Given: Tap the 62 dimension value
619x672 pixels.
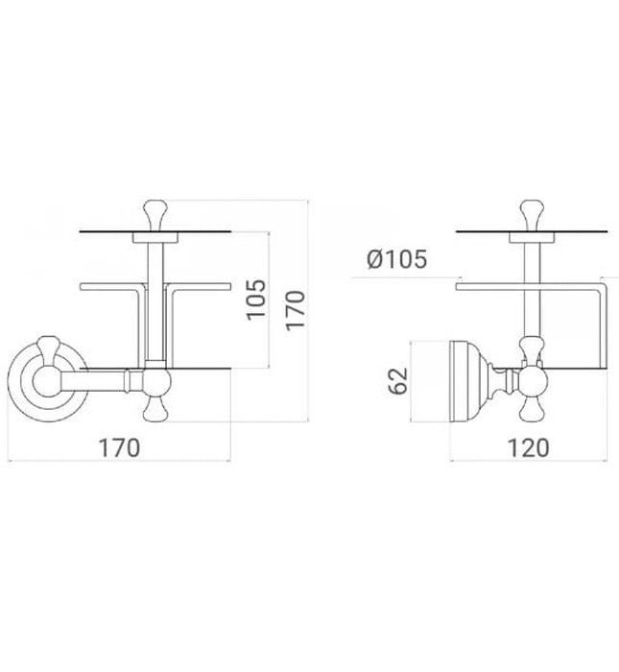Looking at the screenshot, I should click(400, 381).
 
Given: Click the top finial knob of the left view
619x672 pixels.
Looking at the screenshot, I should click(155, 211).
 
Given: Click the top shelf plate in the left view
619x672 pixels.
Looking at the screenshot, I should click(154, 231).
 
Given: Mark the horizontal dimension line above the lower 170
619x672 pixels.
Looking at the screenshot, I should click(120, 461).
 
